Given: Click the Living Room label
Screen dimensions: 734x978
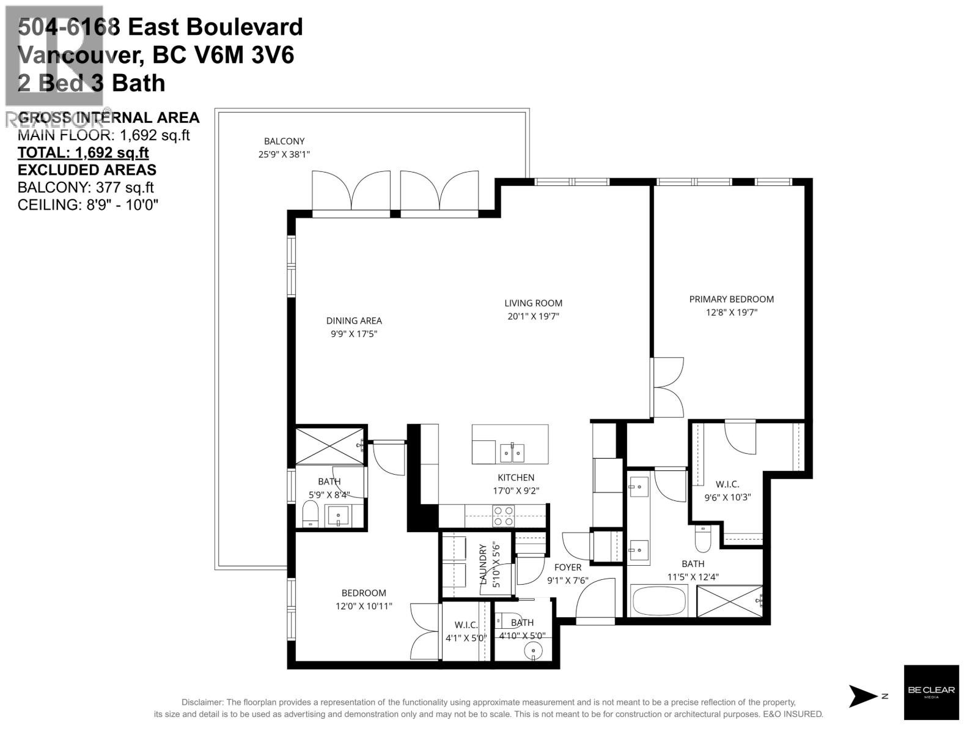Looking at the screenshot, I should pos(533,303).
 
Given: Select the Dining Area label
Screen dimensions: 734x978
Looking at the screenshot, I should pos(354,321).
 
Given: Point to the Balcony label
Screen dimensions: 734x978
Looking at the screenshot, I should pos(284,141).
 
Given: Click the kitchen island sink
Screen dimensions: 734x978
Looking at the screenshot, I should pos(512,452).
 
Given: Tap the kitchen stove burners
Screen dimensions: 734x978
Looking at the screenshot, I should pos(504,516).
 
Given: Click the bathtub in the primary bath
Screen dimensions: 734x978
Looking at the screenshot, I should pos(660,601).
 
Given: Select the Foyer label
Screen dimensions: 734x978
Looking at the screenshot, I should pos(568,567).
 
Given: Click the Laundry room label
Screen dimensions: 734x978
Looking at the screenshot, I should pos(483,564).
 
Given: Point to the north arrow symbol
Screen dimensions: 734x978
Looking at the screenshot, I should pos(863,696).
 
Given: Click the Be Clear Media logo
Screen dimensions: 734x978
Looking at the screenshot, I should pos(931,692).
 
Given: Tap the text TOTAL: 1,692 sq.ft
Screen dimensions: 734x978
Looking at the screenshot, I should pos(83,153).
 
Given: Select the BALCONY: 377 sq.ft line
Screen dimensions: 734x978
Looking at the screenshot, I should pos(86,188).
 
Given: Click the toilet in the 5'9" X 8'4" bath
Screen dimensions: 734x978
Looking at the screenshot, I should pos(311,514).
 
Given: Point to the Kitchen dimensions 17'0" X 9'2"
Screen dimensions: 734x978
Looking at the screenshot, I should pos(516,491).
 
